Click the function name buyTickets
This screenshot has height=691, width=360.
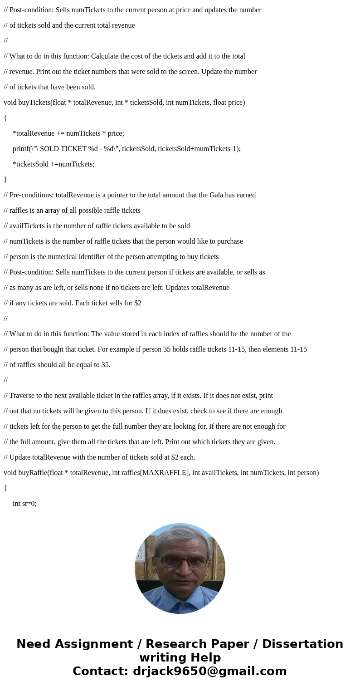[34, 103]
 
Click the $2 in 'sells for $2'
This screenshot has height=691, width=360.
[138, 303]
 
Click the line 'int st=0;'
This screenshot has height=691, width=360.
[24, 504]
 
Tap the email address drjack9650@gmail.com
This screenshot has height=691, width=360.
[209, 671]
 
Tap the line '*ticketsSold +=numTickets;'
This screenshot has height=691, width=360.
[54, 164]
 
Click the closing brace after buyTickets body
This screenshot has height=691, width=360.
[5, 180]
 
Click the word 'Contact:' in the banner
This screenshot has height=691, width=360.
[101, 671]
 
